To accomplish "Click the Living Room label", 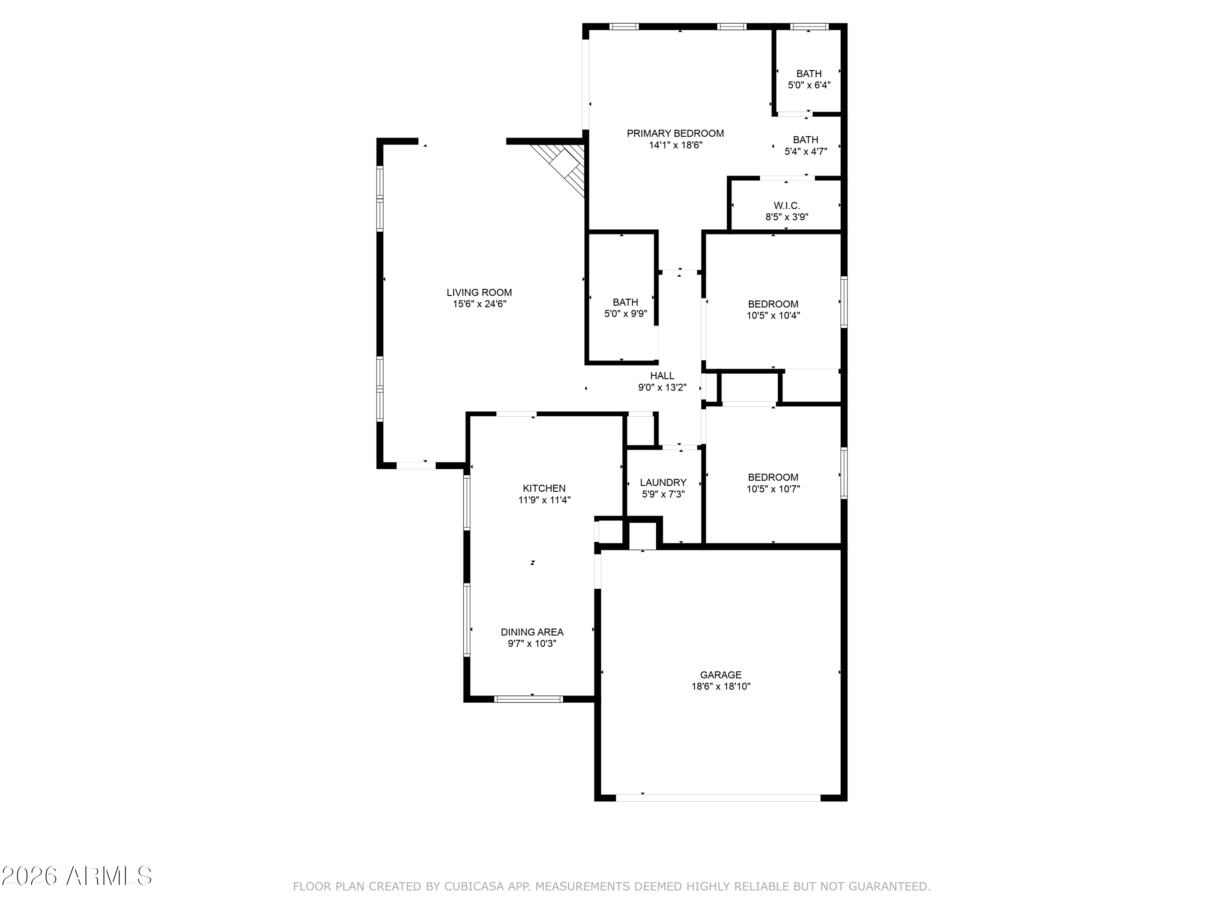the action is [x=479, y=293].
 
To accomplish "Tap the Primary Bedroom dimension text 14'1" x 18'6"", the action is [x=676, y=145].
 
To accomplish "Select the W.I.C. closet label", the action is [x=787, y=206].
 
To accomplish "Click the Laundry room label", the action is [x=663, y=483].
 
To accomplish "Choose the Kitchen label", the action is [x=544, y=488].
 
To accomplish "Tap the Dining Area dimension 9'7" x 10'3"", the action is [x=532, y=643].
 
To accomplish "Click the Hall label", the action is [x=662, y=376].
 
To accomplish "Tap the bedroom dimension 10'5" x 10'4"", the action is [x=773, y=316].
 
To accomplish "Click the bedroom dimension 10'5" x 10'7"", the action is [x=773, y=489].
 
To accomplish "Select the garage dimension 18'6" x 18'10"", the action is [x=721, y=687].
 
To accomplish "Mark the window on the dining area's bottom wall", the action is [x=528, y=699].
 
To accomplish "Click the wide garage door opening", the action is [x=718, y=798].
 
